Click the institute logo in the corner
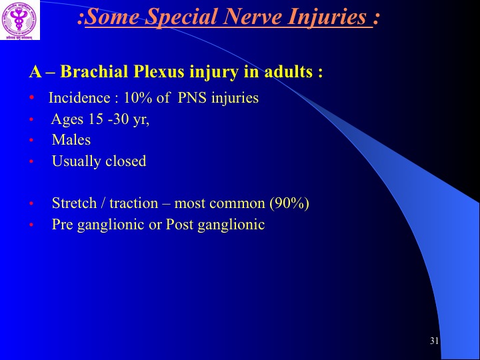coord(20,20)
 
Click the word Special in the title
coord(181,17)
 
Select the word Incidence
coord(79,97)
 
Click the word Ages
coord(67,119)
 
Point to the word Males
coord(71,140)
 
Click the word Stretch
coord(75,203)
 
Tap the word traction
coord(134,203)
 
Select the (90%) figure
coord(289,203)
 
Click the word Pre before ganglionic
coord(63,224)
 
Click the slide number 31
coord(434,341)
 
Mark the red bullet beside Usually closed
coord(31,161)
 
